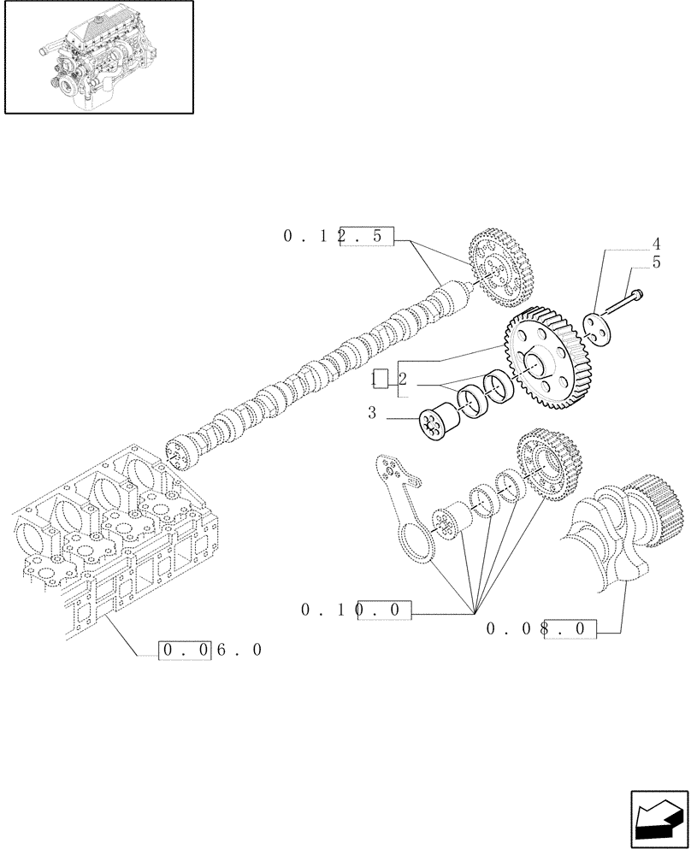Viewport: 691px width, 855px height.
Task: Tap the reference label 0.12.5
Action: pyautogui.click(x=338, y=237)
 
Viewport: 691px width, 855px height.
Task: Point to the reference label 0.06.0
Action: pyautogui.click(x=210, y=651)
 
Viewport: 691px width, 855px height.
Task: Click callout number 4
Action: pyautogui.click(x=656, y=244)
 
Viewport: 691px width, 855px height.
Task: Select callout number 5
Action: pyautogui.click(x=656, y=262)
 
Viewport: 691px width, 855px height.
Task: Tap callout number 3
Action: pyautogui.click(x=372, y=413)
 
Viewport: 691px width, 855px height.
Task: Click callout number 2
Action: pyautogui.click(x=402, y=379)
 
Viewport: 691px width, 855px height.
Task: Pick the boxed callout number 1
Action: pyautogui.click(x=381, y=379)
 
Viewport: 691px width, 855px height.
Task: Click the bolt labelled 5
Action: pyautogui.click(x=624, y=301)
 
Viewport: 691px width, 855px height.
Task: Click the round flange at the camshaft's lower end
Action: pyautogui.click(x=181, y=452)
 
